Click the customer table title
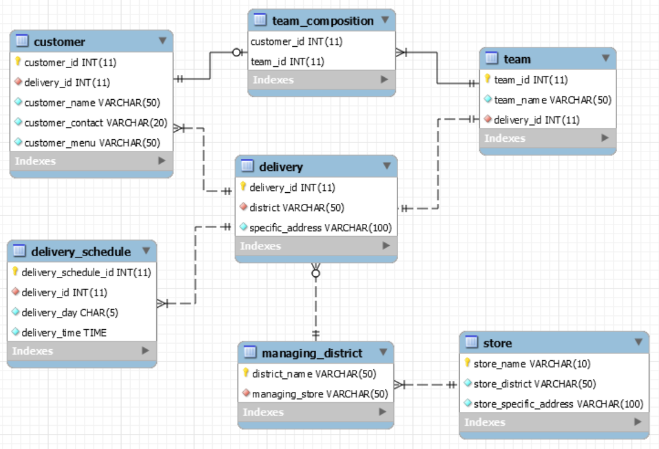[x=59, y=42]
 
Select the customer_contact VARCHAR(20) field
[x=95, y=123]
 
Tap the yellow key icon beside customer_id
[x=18, y=62]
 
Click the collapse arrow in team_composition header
[x=385, y=20]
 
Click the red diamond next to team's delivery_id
[x=488, y=120]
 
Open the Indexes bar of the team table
[x=547, y=139]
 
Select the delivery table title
[x=281, y=167]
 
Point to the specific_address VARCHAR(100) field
[x=320, y=228]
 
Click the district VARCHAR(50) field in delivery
[x=297, y=207]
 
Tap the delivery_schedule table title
[x=81, y=252]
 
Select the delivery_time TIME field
[x=64, y=332]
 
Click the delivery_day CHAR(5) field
[x=70, y=312]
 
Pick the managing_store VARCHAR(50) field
[x=320, y=394]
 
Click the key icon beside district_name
[x=246, y=373]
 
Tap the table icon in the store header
[x=471, y=343]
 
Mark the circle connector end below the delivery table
[x=316, y=274]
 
